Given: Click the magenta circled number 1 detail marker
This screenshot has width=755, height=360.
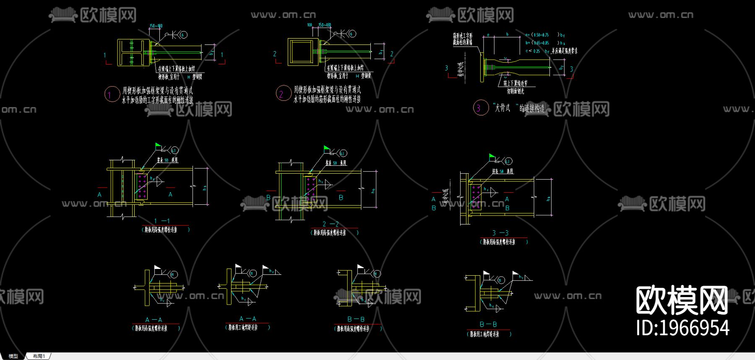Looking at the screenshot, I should point(112,94).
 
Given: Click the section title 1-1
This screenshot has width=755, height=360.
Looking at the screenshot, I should point(162,221).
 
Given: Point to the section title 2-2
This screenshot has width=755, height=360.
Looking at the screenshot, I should point(331,224).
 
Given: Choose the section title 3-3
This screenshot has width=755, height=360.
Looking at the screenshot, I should point(500,233).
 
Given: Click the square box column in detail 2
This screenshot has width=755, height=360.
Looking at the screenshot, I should point(303,52).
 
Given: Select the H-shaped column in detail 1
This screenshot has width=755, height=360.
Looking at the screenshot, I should point(131,52).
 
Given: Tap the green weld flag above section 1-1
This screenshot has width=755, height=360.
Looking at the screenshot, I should point(158,146).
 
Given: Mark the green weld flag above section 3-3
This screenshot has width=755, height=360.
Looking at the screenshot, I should point(492,157).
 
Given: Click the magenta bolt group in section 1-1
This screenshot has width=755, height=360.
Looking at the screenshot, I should point(142,187).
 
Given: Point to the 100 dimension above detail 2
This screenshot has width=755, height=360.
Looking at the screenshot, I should point(310,25).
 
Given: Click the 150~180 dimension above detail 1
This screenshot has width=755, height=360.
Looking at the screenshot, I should point(156,26).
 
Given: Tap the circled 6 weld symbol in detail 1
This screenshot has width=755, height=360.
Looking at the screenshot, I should point(183,35).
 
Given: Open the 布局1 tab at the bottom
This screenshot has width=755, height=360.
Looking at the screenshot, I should point(39,356).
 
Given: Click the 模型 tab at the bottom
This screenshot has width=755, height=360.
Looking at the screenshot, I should point(13,356).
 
